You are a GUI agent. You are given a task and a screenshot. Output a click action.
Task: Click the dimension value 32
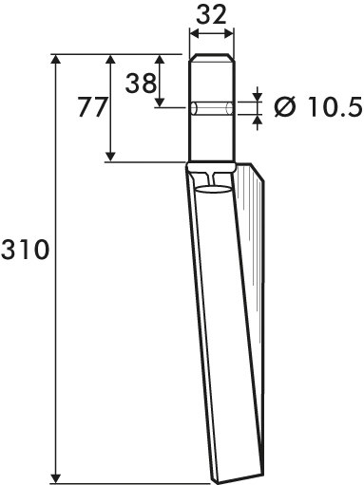click(x=211, y=15)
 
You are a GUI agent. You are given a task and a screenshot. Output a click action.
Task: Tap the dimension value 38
click(x=141, y=84)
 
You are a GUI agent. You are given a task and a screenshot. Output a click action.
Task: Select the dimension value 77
click(x=92, y=107)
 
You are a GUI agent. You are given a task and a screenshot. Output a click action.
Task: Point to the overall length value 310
click(x=25, y=250)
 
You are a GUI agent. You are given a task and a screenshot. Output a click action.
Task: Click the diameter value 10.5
click(x=335, y=107)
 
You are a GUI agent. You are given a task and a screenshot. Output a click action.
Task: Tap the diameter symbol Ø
click(x=285, y=107)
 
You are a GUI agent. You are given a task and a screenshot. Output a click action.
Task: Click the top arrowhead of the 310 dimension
click(x=56, y=59)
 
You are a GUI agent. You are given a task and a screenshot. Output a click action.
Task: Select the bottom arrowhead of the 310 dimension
click(x=56, y=478)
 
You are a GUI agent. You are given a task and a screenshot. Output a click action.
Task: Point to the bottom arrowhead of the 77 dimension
click(x=110, y=157)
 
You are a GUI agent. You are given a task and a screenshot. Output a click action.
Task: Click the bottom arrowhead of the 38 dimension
click(x=161, y=103)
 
